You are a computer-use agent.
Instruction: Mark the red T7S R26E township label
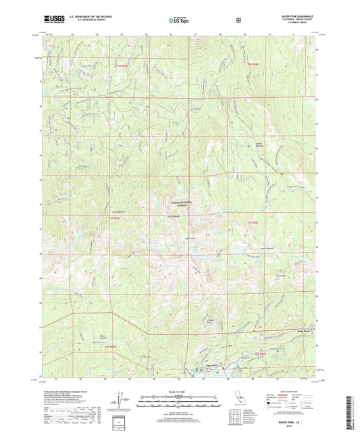tap(254, 219)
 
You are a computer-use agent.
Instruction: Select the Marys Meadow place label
tap(103, 336)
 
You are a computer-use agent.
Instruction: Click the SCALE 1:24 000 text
tap(180, 392)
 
